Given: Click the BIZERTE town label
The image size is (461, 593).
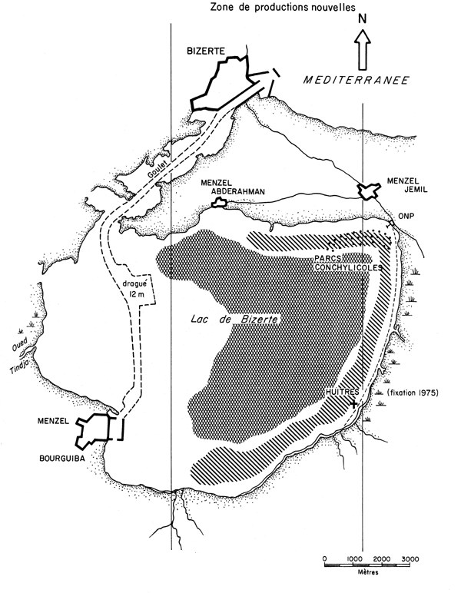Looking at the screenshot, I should tap(206, 49).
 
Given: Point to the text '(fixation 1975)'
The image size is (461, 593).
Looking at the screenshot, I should tap(410, 394).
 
